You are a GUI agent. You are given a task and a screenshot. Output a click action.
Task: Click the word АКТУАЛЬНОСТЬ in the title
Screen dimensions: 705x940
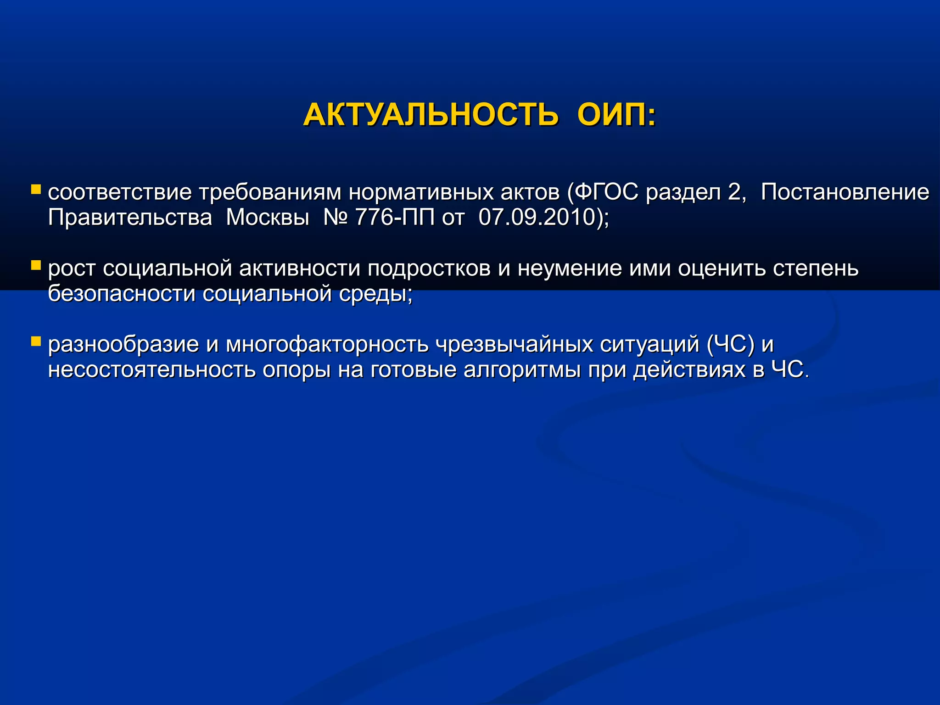click(x=431, y=115)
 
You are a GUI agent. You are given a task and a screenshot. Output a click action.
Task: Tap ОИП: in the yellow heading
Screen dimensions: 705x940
click(x=616, y=115)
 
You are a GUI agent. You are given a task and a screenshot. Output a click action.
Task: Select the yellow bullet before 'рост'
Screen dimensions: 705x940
click(x=36, y=265)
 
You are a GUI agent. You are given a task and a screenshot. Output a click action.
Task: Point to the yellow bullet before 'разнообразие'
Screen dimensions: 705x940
click(x=36, y=341)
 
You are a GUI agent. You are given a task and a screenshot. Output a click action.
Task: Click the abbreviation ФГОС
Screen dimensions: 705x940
click(x=606, y=192)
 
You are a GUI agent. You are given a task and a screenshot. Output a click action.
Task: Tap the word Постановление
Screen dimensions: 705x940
click(x=845, y=192)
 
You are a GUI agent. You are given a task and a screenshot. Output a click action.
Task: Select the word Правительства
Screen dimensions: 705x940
click(x=130, y=218)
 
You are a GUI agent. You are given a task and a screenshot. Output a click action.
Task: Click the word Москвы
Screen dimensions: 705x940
click(x=268, y=218)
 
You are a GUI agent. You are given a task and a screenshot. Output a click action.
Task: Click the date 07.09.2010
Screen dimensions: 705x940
click(x=537, y=218)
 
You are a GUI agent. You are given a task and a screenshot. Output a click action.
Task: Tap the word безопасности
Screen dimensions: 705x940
click(x=122, y=294)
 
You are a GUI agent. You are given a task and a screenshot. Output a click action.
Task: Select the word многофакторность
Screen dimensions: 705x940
click(x=327, y=345)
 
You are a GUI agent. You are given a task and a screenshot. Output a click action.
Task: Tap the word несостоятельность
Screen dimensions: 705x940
click(x=151, y=370)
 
